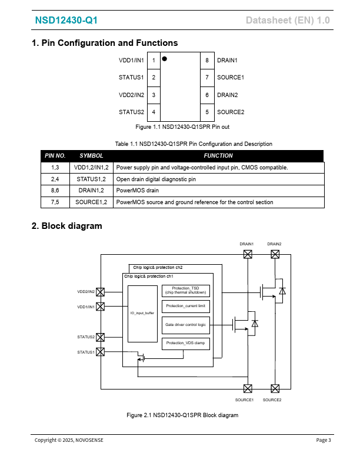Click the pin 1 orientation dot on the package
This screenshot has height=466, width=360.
(164, 59)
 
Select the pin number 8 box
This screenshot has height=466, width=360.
(207, 61)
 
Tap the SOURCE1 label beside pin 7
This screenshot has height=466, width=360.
(231, 78)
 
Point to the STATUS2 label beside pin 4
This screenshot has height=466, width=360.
(131, 112)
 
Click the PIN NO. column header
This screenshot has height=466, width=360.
(55, 156)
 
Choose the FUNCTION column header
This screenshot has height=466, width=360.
(218, 156)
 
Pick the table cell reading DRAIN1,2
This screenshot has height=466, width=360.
(91, 191)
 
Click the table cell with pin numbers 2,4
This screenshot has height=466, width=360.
(55, 179)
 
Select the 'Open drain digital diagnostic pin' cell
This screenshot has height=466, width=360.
(156, 179)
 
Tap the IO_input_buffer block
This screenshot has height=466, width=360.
(142, 314)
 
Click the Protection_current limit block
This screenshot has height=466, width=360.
(185, 307)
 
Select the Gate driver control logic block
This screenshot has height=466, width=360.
(185, 325)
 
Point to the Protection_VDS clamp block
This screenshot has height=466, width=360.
(185, 343)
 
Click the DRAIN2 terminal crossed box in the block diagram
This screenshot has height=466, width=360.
(275, 254)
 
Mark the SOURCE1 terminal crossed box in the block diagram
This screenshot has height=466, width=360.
(248, 388)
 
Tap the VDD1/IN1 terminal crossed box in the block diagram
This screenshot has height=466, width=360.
(100, 307)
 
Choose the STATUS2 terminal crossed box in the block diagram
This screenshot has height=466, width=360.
(100, 337)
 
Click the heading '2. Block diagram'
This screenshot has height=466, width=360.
(66, 226)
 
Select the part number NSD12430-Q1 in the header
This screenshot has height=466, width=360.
(66, 21)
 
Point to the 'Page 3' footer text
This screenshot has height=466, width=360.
(324, 440)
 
